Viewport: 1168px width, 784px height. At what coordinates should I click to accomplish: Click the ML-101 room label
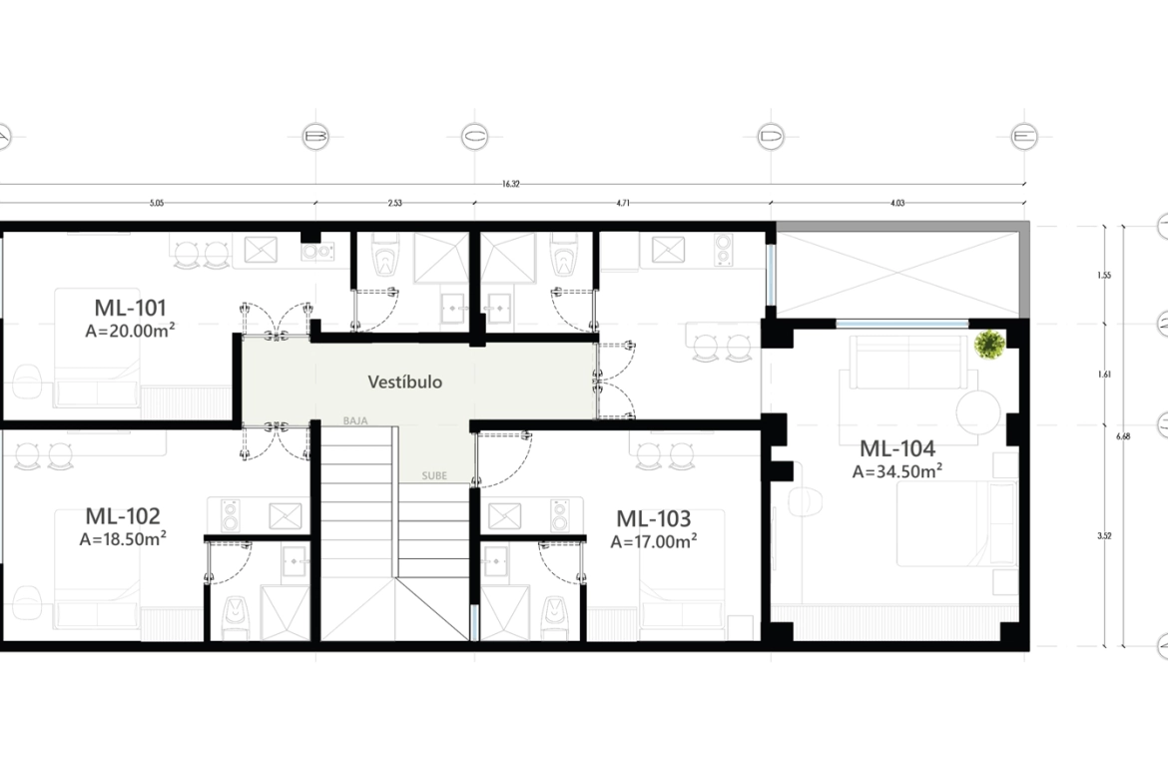(x=130, y=307)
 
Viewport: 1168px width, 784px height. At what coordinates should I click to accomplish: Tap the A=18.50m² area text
(x=122, y=539)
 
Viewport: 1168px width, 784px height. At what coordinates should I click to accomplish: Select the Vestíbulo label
(x=404, y=382)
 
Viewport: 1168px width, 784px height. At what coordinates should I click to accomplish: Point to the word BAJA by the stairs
(x=355, y=421)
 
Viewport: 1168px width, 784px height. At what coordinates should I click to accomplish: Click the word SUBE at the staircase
(x=434, y=475)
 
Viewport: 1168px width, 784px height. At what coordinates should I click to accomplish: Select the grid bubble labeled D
(x=771, y=135)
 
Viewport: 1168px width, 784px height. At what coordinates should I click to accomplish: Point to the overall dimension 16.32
(x=510, y=184)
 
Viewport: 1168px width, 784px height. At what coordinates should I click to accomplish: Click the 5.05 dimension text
(x=157, y=204)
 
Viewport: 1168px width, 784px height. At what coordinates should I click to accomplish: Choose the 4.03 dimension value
(x=896, y=204)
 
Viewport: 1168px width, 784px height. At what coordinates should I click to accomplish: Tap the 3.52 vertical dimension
(x=1104, y=536)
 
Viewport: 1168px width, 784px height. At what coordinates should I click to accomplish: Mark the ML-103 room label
(x=653, y=518)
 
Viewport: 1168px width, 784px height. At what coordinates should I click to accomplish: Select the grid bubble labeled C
(x=474, y=135)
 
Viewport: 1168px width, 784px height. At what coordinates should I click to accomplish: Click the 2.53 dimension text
(x=395, y=204)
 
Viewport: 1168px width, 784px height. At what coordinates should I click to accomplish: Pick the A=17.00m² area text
(x=653, y=541)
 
